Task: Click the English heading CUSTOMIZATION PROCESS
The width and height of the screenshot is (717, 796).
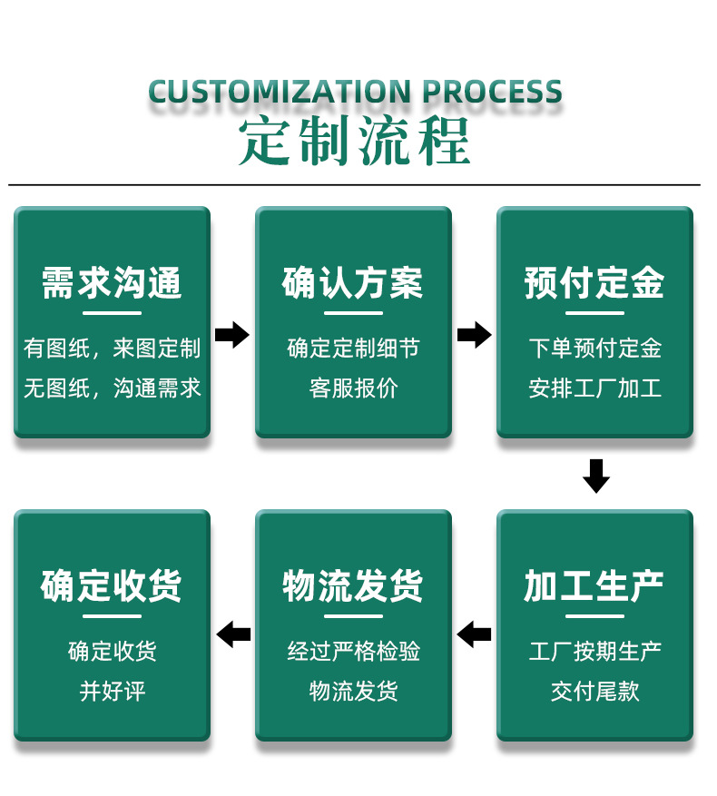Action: tap(355, 93)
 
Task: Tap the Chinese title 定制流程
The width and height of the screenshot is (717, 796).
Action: tap(355, 142)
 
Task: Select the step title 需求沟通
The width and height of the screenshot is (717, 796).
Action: tap(112, 283)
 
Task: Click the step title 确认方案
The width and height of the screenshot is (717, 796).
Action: tap(353, 283)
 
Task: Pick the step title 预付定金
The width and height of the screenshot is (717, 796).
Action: tap(594, 283)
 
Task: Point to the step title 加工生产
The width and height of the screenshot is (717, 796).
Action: tap(594, 586)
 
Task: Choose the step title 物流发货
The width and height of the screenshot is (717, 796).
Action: tap(353, 586)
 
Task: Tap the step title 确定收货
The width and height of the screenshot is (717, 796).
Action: tap(112, 586)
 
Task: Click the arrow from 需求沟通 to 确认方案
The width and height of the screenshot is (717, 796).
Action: tap(232, 335)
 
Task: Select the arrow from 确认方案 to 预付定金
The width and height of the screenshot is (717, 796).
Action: tap(474, 335)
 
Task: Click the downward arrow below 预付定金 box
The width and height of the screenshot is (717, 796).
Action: tap(595, 476)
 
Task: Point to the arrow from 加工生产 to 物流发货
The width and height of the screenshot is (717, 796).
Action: tap(474, 634)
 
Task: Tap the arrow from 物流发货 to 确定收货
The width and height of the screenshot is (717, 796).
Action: tap(233, 634)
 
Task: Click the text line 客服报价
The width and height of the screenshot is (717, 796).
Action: tap(353, 388)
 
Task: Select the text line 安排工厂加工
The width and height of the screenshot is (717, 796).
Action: tap(594, 388)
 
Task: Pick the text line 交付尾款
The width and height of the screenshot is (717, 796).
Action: tap(594, 692)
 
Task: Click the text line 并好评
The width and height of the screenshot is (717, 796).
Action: tap(112, 692)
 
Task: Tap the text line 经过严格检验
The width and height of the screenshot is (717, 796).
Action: tap(353, 651)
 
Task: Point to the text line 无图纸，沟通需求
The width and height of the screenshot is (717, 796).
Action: tap(112, 388)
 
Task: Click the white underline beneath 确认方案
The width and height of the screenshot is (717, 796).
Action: tap(353, 313)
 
